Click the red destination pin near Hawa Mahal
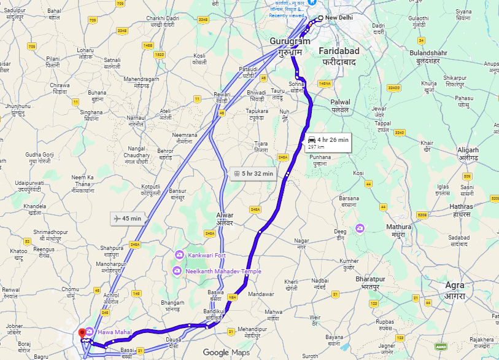[82, 334]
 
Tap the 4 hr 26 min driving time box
[328, 142]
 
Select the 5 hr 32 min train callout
[252, 173]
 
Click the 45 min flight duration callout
[128, 218]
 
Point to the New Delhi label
[339, 18]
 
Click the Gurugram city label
[286, 41]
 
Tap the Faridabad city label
[339, 50]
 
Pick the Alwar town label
[225, 215]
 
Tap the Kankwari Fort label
[205, 254]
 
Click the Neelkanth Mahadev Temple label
[225, 271]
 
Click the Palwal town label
[340, 102]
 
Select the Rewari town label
[221, 94]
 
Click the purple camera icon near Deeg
[360, 228]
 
